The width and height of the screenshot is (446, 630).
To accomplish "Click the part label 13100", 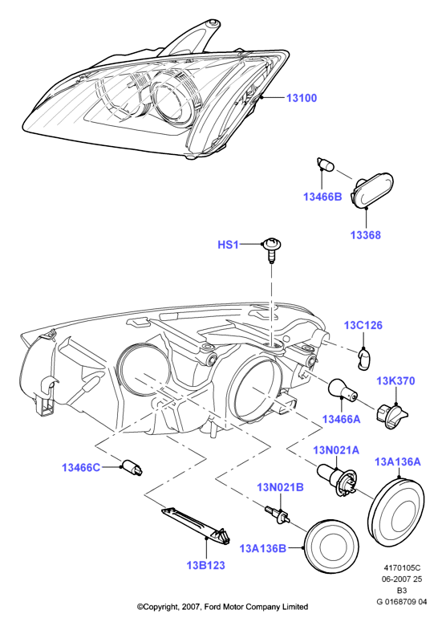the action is tap(302, 98).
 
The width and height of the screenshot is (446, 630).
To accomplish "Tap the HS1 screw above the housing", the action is tap(271, 250).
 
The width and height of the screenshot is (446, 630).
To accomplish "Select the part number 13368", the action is tap(365, 235).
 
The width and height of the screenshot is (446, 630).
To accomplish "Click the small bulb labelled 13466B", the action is tap(325, 165).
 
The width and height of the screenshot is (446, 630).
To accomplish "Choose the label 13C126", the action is tap(363, 325).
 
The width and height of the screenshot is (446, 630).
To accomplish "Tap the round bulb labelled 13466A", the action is tap(341, 390).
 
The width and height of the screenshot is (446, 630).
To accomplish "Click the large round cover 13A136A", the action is tap(395, 510).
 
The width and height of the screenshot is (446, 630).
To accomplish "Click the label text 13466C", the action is tap(81, 468).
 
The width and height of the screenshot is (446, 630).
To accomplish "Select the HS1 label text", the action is tap(228, 245).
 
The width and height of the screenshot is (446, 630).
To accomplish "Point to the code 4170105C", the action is tap(402, 567).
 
